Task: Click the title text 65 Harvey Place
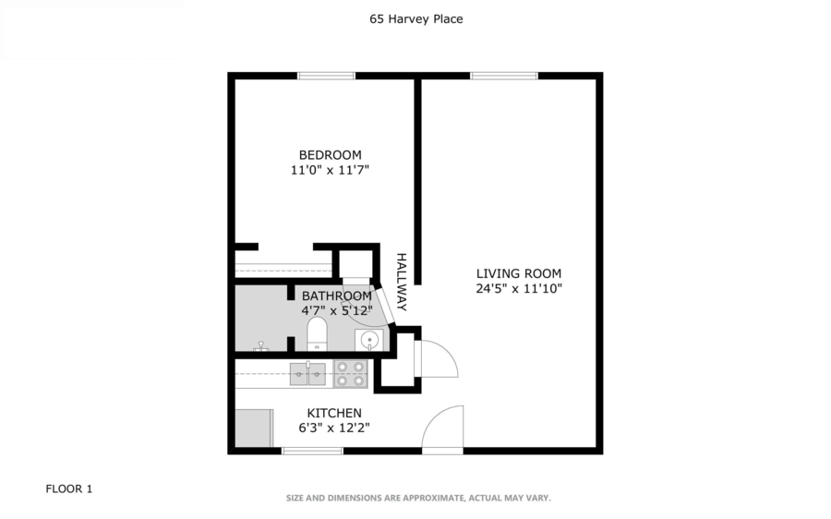(x=415, y=18)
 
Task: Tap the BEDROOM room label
(x=330, y=154)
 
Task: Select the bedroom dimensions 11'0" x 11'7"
(x=330, y=170)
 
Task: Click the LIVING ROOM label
(x=518, y=273)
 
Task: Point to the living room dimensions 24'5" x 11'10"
(x=518, y=288)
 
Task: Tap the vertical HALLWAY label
(x=402, y=282)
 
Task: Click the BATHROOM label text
(x=337, y=296)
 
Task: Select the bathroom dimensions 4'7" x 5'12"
(x=337, y=310)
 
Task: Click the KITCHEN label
(x=333, y=412)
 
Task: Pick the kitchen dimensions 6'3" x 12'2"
(x=333, y=427)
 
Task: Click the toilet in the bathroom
(x=317, y=334)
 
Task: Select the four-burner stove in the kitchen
(x=351, y=373)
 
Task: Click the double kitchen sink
(x=308, y=373)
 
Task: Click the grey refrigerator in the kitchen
(x=253, y=427)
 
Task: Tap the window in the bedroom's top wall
(x=326, y=76)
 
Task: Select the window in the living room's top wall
(x=504, y=76)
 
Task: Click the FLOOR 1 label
(x=69, y=489)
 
